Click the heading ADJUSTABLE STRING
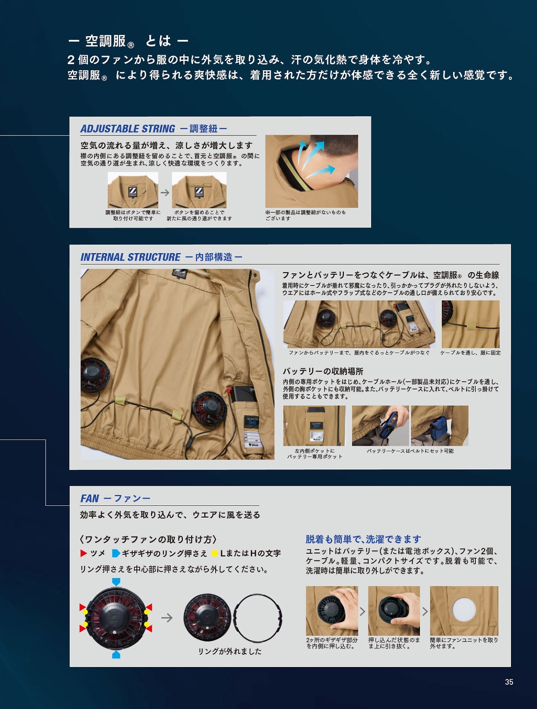[128, 128]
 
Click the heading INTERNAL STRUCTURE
[130, 257]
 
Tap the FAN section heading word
[90, 498]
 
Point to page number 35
[509, 682]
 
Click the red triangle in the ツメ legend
[83, 553]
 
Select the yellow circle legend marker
[215, 553]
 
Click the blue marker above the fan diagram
[116, 581]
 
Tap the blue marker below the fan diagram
[116, 655]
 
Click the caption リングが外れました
[230, 651]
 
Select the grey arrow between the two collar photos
[165, 192]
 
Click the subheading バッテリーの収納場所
[323, 371]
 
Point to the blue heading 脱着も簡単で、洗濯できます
[363, 539]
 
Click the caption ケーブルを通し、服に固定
[470, 353]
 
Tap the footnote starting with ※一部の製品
[305, 215]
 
